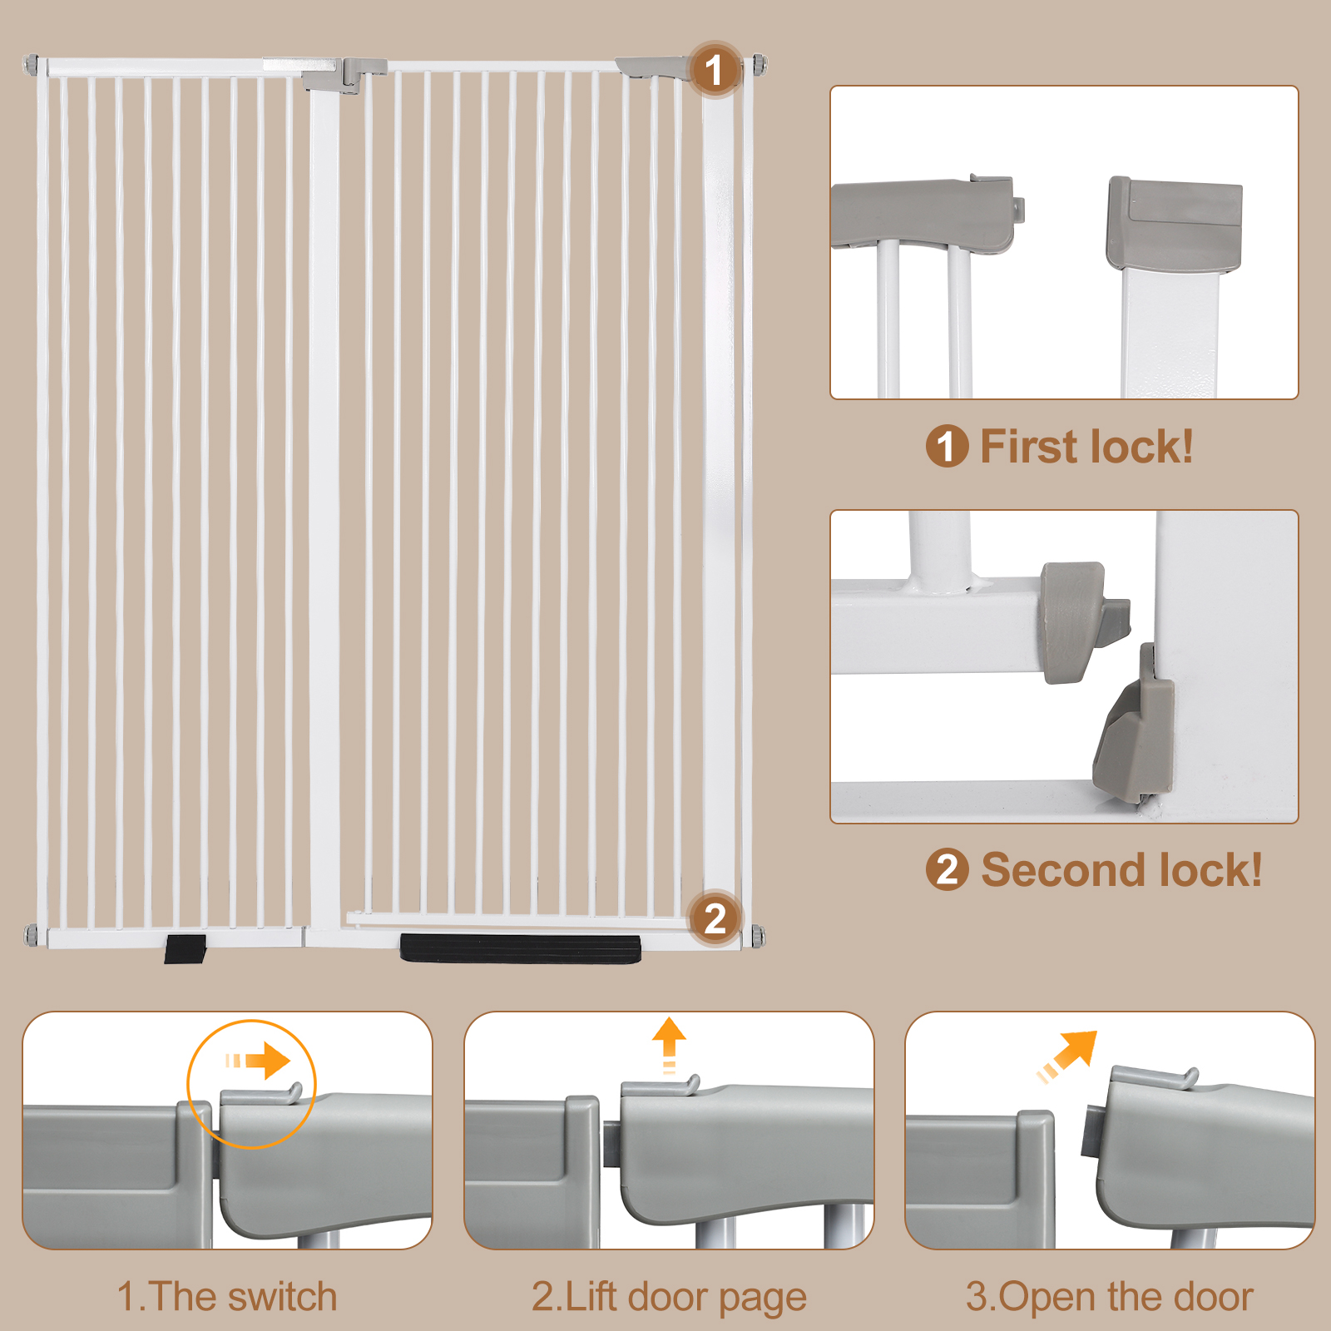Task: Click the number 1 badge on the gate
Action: click(714, 70)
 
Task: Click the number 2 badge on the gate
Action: click(715, 918)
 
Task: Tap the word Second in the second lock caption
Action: click(1062, 871)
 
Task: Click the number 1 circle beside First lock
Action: click(947, 447)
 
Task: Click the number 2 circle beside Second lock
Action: click(947, 871)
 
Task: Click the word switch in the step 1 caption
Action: click(282, 1297)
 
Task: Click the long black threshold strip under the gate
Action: click(521, 948)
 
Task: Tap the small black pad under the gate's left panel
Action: click(185, 948)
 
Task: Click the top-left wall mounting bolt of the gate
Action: click(31, 64)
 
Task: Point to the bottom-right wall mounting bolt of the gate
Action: click(758, 936)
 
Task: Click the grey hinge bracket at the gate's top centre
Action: click(344, 75)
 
